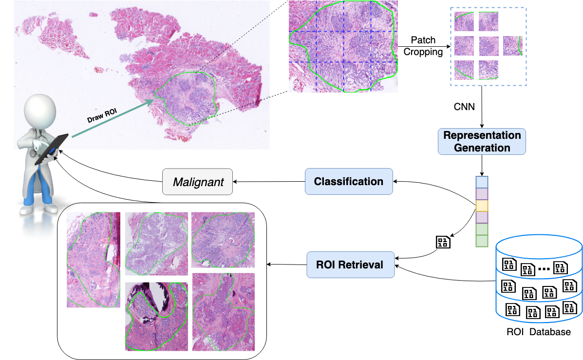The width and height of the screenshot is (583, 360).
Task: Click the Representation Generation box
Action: coord(481,141)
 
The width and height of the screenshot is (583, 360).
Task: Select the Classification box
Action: coord(349,182)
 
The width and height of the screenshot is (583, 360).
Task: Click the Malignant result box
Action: coord(197,182)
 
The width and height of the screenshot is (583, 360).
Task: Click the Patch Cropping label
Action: coord(423,46)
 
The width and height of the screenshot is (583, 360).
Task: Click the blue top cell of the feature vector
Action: coord(481,182)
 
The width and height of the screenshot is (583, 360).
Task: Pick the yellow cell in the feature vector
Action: coord(481,206)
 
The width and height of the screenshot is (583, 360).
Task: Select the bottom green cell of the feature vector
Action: coord(481,241)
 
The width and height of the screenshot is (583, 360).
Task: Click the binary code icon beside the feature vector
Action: coord(443,242)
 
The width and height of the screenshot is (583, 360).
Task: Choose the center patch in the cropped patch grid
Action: coord(489,46)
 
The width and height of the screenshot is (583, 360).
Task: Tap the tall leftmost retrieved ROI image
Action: coord(94,260)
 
